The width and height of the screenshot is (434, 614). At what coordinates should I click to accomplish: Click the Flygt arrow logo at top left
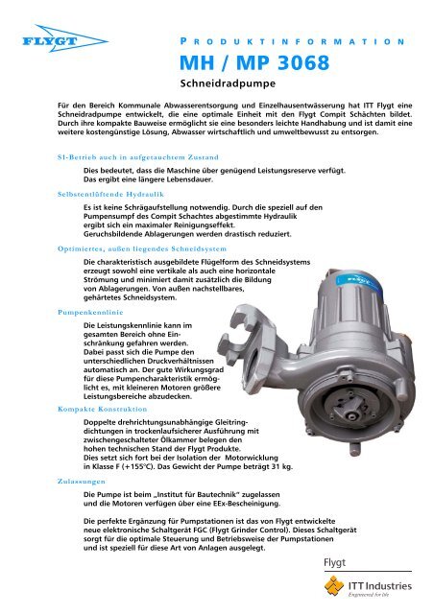tap(65, 38)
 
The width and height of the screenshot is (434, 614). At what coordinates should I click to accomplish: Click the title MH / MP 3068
tap(254, 62)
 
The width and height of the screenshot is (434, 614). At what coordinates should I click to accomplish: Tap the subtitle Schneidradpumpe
tap(228, 83)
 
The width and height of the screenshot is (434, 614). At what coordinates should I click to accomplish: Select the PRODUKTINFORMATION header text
tap(293, 41)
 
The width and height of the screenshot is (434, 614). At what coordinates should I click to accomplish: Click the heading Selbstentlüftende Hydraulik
tap(111, 194)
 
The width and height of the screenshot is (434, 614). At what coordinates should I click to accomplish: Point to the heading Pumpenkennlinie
tap(90, 312)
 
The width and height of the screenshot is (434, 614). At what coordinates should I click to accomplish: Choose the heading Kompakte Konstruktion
tap(103, 409)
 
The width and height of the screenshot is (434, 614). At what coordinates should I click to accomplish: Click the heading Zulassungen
tap(82, 482)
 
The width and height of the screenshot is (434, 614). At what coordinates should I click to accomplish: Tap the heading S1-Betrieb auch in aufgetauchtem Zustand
tap(138, 157)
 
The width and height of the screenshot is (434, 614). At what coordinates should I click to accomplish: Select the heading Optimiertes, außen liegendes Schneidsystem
tap(142, 248)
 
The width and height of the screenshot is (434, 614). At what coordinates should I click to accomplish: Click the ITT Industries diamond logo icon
tap(334, 585)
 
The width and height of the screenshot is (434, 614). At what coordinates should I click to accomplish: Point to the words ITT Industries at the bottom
tap(380, 586)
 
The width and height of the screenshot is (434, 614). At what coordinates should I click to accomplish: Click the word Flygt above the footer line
tap(334, 563)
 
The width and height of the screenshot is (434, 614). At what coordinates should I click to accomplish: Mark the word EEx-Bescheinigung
tap(246, 503)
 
